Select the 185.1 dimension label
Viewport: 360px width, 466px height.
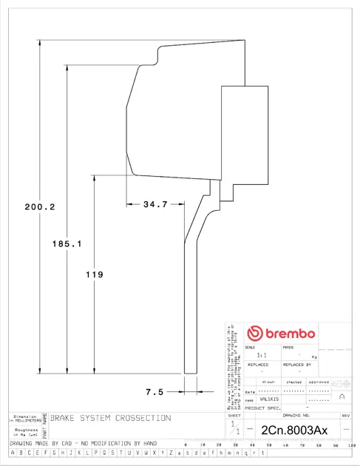(x=67, y=243)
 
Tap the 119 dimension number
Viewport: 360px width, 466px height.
(x=95, y=274)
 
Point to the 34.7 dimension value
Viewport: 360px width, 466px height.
(x=155, y=203)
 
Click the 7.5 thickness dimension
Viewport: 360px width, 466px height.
(x=154, y=391)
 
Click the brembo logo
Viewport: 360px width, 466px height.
(x=281, y=334)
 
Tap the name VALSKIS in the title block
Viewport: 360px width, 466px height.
(x=269, y=399)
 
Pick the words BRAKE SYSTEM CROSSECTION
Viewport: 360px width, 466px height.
(x=110, y=418)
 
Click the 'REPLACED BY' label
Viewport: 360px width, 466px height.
(x=298, y=365)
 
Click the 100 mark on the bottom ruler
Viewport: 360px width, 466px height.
(x=352, y=444)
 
